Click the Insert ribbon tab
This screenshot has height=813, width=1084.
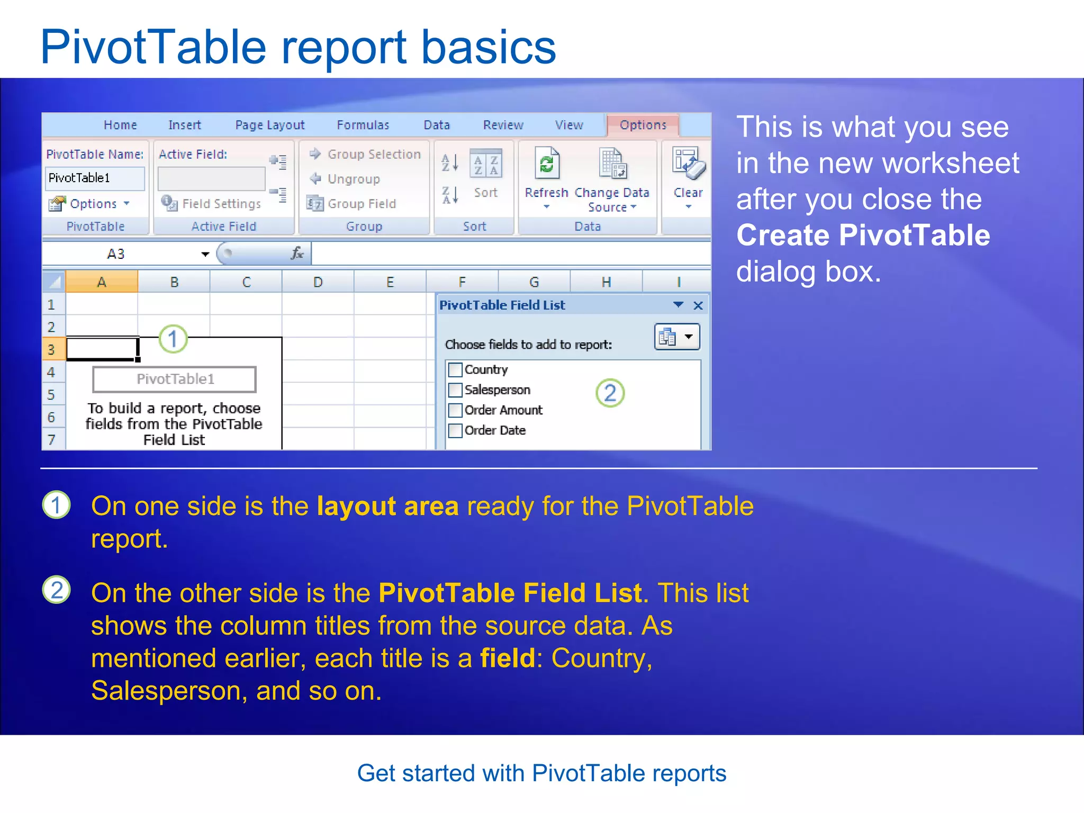pyautogui.click(x=184, y=125)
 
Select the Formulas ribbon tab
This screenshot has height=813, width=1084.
pyautogui.click(x=363, y=125)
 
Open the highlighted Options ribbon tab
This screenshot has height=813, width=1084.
pyautogui.click(x=643, y=125)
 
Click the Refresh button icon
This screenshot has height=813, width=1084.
pyautogui.click(x=546, y=164)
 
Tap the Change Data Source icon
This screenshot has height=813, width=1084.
pyautogui.click(x=612, y=164)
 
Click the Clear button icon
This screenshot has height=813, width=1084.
pyautogui.click(x=688, y=164)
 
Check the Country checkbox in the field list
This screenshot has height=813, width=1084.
pyautogui.click(x=455, y=369)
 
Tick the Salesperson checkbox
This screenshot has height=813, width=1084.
pyautogui.click(x=455, y=390)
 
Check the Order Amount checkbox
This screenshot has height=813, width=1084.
pyautogui.click(x=455, y=410)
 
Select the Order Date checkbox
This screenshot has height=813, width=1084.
pyautogui.click(x=455, y=430)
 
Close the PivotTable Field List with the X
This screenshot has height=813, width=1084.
pyautogui.click(x=698, y=305)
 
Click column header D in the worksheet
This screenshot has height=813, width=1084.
pyautogui.click(x=318, y=282)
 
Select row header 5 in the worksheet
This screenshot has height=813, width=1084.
pyautogui.click(x=51, y=394)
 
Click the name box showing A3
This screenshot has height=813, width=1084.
pyautogui.click(x=122, y=254)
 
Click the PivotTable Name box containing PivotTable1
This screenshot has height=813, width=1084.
pyautogui.click(x=94, y=178)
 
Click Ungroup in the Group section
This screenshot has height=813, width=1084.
pyautogui.click(x=353, y=179)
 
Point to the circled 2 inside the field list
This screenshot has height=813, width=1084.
pyautogui.click(x=610, y=393)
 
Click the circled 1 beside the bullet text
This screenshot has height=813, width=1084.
pyautogui.click(x=57, y=505)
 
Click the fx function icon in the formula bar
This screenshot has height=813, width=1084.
pyautogui.click(x=297, y=254)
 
